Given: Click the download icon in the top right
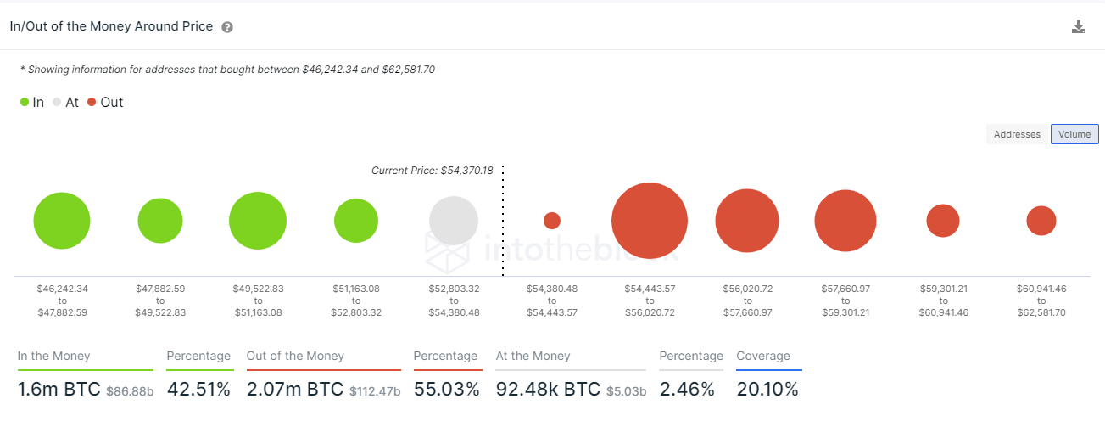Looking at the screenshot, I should (x=1078, y=26).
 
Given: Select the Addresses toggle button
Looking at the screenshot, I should (x=1017, y=134).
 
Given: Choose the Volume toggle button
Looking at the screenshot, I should (x=1074, y=134).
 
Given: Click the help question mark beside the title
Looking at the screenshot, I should (x=227, y=27).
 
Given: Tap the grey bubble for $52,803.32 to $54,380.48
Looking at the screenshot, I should (x=454, y=221).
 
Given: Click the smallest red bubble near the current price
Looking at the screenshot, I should (x=552, y=221).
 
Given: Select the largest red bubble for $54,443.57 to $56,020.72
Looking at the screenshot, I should (x=650, y=221).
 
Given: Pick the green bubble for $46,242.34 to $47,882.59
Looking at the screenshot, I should (x=62, y=221).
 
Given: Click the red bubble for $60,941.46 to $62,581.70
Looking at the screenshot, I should (x=1041, y=221).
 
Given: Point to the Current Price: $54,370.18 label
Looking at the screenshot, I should (x=432, y=171).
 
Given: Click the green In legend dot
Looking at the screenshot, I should (x=25, y=103).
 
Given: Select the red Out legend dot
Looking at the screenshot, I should (x=92, y=103).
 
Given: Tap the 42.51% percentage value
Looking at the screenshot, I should (x=198, y=390).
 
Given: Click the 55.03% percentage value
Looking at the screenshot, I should (x=447, y=390).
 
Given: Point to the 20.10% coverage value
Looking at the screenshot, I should (x=767, y=390).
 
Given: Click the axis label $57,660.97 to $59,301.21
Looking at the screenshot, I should (x=845, y=301).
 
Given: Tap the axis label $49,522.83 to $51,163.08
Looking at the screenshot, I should (x=258, y=301).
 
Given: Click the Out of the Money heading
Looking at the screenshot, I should (x=295, y=357).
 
